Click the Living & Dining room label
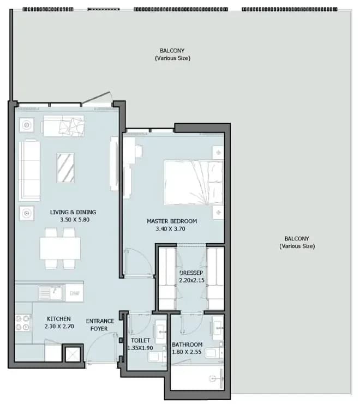click(x=73, y=212)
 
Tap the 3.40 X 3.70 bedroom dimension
click(x=170, y=229)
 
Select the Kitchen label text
click(x=59, y=319)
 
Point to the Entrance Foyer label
click(x=100, y=324)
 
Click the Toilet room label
click(x=140, y=340)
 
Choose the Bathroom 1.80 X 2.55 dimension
click(x=187, y=352)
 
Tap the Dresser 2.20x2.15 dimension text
click(x=191, y=280)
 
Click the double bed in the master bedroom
click(x=194, y=183)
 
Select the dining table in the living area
click(x=60, y=249)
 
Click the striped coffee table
click(x=65, y=168)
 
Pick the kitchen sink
click(x=51, y=293)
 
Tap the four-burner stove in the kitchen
click(x=23, y=323)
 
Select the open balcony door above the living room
click(x=96, y=98)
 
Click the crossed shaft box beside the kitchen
click(x=73, y=354)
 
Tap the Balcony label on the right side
click(x=297, y=242)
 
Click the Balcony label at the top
click(x=172, y=54)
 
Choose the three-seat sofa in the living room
click(x=29, y=170)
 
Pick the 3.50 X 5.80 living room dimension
click(x=75, y=220)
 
